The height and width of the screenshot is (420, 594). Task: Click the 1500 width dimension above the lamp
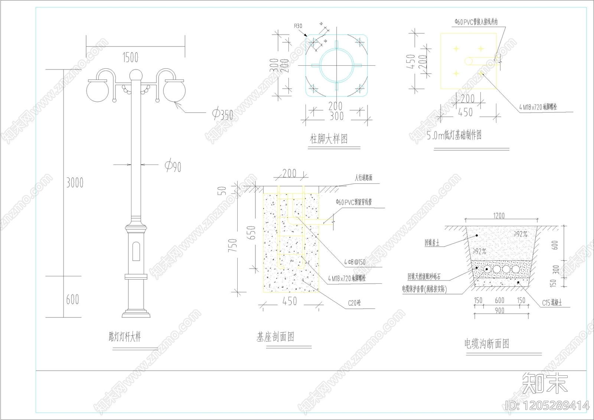(x=130, y=57)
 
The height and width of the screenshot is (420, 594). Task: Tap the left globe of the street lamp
(x=98, y=90)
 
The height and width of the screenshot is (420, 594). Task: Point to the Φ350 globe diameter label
(x=223, y=114)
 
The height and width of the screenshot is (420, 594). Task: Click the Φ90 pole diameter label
(x=173, y=166)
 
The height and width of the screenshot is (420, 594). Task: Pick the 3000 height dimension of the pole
(x=75, y=183)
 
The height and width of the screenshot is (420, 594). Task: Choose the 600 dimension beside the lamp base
(x=72, y=299)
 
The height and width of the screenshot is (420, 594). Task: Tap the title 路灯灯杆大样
(x=125, y=337)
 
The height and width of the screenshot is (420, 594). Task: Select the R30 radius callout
(x=298, y=26)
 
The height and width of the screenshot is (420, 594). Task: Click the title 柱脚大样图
(x=329, y=139)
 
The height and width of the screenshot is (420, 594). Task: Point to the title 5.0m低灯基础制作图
(x=454, y=135)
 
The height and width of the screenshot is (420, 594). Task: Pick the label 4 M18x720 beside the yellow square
(x=538, y=107)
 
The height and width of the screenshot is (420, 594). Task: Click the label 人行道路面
(x=363, y=178)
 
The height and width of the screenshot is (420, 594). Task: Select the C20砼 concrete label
(x=354, y=303)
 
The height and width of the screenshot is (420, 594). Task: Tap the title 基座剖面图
(x=275, y=337)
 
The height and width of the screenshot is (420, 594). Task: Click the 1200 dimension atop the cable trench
(x=499, y=216)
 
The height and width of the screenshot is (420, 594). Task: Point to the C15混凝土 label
(x=552, y=303)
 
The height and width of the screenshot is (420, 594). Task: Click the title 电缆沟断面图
(x=487, y=344)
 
